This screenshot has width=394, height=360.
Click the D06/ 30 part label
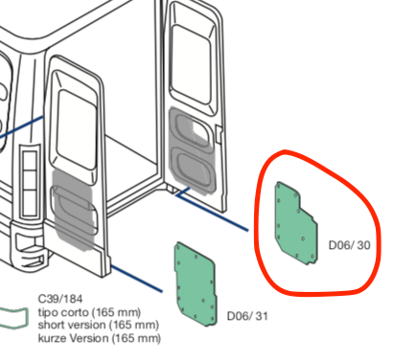click(x=349, y=245)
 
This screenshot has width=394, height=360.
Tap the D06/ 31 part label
click(x=247, y=316)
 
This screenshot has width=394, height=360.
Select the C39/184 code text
click(x=60, y=299)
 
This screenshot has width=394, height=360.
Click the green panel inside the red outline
click(x=296, y=223)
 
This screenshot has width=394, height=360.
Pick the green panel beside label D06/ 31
click(x=196, y=284)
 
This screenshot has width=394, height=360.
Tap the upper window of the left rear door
click(x=76, y=129)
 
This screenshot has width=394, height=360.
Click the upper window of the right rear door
click(x=192, y=65)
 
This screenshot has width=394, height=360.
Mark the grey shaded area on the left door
click(x=74, y=209)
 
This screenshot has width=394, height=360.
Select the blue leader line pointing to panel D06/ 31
click(x=136, y=279)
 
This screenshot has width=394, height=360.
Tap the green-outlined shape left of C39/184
click(x=13, y=318)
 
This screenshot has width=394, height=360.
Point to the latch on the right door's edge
click(x=219, y=133)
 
